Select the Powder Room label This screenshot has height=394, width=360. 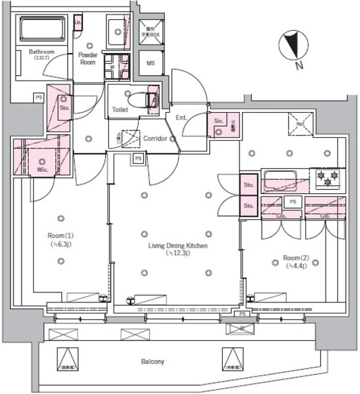87,58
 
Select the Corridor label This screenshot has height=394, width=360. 155,139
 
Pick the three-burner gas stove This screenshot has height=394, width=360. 326,179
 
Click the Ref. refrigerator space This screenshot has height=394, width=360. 301,124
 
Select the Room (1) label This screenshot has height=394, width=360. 61,239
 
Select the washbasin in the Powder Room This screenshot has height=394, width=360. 117,31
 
